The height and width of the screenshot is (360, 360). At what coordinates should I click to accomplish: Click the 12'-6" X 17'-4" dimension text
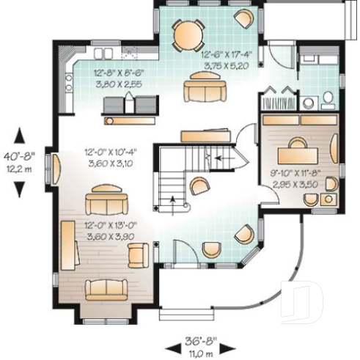coord(225,59)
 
